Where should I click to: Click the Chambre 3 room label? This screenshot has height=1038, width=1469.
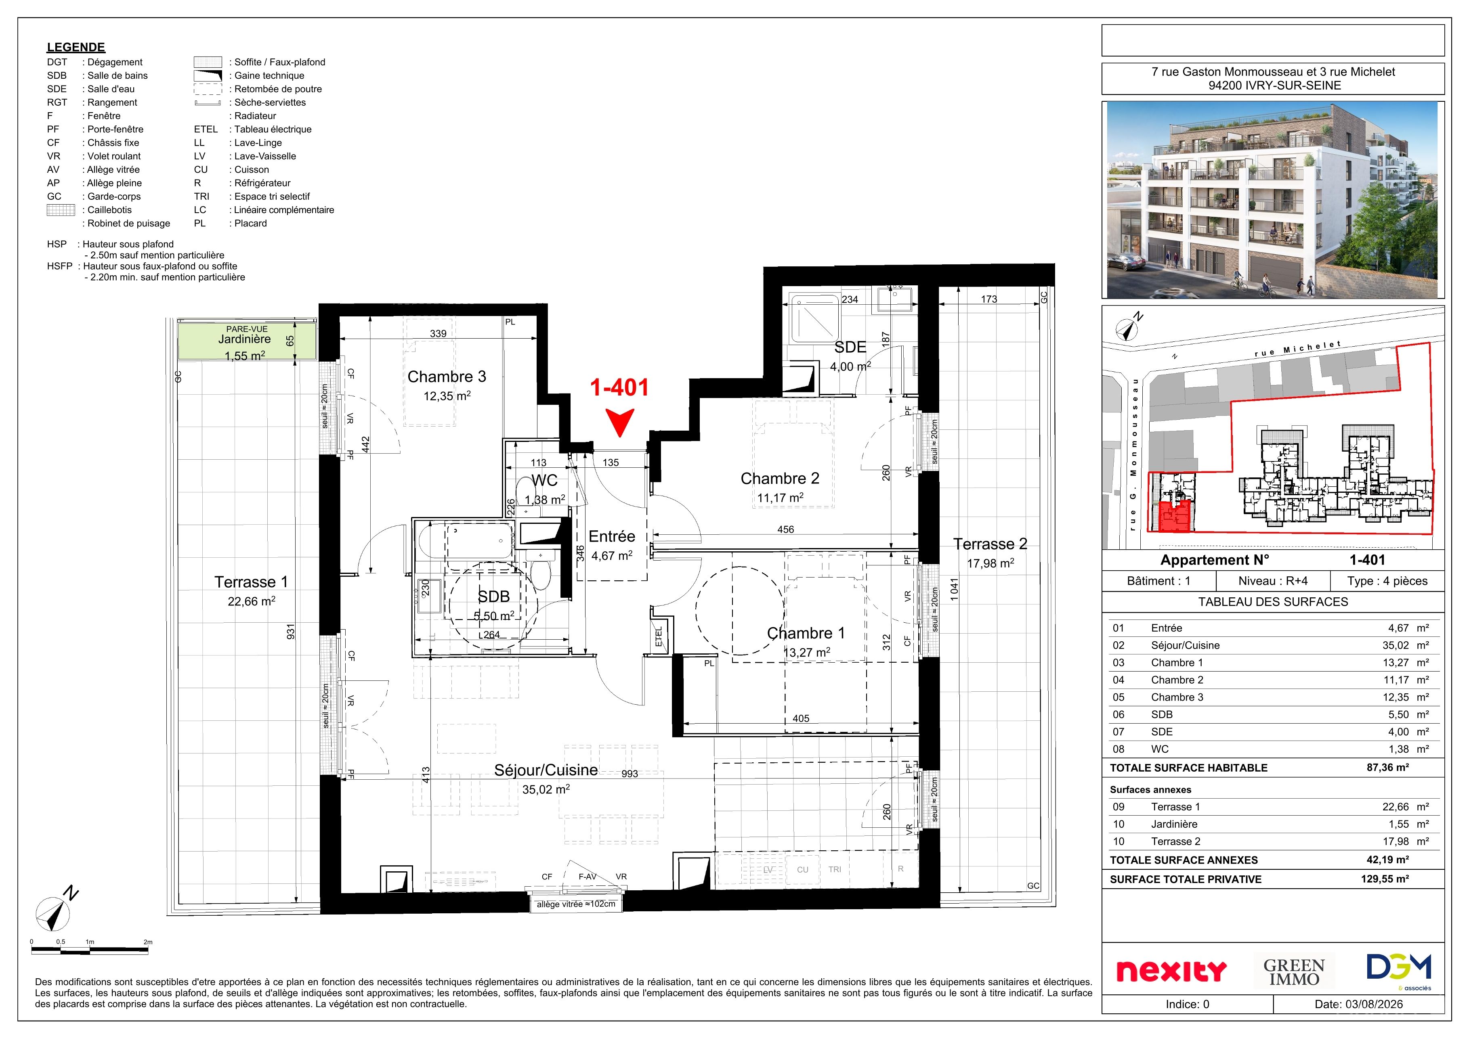click(447, 377)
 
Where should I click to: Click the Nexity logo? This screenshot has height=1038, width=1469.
click(1171, 971)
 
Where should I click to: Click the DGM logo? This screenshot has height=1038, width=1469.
click(1399, 969)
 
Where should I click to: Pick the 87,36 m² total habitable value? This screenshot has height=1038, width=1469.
click(1388, 768)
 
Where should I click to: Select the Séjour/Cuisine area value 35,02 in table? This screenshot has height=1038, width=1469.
click(1396, 645)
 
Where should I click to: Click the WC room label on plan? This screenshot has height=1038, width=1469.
click(544, 480)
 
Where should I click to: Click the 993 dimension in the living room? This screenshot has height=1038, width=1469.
click(630, 774)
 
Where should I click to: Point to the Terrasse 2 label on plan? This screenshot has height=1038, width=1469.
click(990, 544)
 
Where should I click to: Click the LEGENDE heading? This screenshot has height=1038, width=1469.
click(76, 47)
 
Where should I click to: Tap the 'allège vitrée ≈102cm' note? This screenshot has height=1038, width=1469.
click(576, 904)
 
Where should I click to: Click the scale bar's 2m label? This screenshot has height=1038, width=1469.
click(148, 942)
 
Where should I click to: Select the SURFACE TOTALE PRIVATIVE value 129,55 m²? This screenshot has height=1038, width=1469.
click(1385, 879)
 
